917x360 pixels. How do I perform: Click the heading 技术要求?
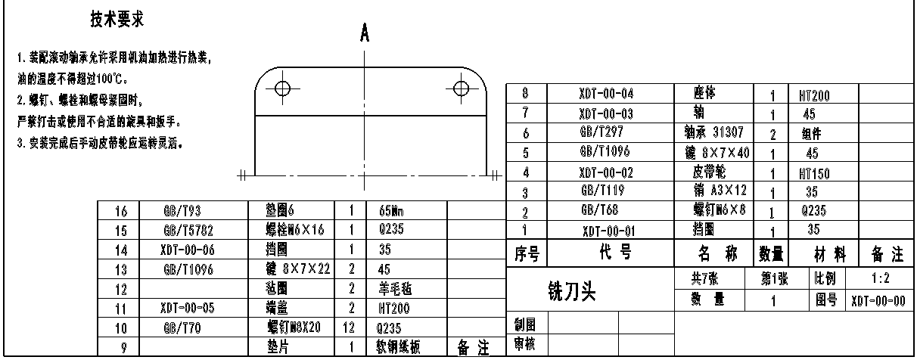point(117,20)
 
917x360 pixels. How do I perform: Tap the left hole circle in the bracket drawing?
point(282,87)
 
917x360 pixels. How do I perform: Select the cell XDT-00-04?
point(605,95)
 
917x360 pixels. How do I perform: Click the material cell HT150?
point(814,174)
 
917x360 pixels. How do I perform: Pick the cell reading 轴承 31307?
point(713,132)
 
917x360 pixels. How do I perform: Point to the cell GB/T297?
point(603,133)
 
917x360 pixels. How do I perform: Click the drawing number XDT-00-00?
point(878,301)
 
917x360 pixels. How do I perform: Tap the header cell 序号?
point(525,254)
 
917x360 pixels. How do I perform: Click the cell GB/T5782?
point(184,231)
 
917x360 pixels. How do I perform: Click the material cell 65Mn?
point(383,212)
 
